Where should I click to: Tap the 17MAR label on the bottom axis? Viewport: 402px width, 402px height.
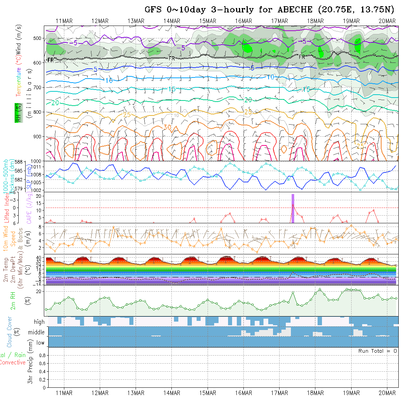[279, 393]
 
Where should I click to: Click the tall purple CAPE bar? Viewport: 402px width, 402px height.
[293, 208]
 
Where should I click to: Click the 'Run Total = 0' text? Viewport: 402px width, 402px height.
[378, 351]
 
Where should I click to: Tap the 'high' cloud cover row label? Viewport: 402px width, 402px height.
[39, 322]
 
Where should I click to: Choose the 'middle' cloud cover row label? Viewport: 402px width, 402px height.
[37, 333]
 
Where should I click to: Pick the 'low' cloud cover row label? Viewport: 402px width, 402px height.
[40, 343]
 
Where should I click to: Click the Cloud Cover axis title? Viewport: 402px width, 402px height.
[10, 332]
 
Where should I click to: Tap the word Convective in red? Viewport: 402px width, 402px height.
[12, 363]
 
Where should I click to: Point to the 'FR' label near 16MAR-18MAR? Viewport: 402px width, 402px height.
[302, 57]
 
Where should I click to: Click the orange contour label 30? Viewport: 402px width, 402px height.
[167, 127]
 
